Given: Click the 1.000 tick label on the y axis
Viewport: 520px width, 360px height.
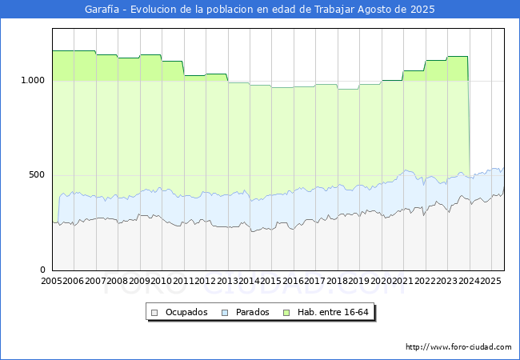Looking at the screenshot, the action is (33, 80).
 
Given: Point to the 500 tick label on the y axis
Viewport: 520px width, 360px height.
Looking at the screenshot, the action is (37, 174).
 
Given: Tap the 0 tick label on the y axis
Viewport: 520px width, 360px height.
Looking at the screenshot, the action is (42, 270).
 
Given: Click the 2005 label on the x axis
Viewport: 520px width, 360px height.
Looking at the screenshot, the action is (51, 281).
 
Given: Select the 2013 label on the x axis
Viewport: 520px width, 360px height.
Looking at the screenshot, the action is (227, 281).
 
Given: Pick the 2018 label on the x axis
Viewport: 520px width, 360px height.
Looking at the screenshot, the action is (338, 281).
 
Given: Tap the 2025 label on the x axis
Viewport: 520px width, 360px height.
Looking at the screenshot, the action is (490, 281).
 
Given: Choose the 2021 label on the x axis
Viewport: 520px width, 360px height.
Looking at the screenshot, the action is (403, 281).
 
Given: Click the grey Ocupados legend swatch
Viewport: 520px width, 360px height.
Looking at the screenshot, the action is (154, 313).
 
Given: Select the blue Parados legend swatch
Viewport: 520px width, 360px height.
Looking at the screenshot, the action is (225, 313).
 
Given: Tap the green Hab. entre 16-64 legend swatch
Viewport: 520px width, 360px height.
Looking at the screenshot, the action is (286, 313).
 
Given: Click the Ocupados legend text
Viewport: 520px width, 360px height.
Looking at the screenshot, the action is (186, 312).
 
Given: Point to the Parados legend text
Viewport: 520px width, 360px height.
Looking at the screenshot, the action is (252, 312).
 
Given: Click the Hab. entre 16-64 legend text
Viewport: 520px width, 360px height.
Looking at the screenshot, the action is (333, 312).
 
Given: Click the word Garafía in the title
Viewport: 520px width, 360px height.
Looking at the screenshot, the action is (102, 10).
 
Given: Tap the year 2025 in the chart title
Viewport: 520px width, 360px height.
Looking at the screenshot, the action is (422, 10).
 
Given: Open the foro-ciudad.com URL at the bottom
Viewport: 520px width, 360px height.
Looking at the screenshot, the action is (458, 347).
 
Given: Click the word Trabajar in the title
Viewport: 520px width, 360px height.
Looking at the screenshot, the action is (334, 10).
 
